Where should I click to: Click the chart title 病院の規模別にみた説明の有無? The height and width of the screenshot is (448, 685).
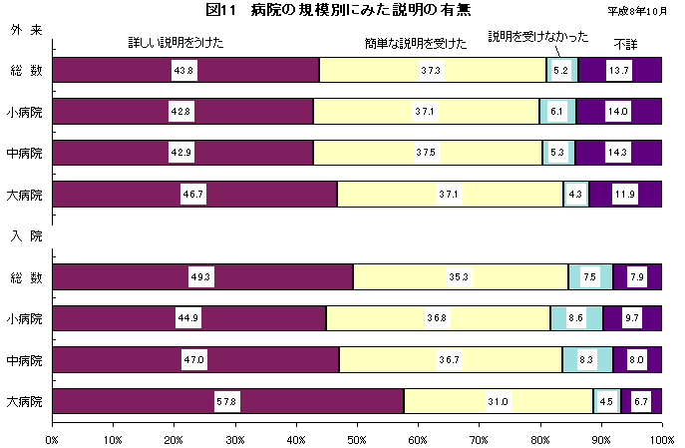coord(345,10)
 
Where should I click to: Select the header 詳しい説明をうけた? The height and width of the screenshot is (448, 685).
coord(175,43)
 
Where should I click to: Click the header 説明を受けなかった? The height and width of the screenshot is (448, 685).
coord(538,37)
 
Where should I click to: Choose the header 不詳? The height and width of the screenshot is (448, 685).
coord(625,43)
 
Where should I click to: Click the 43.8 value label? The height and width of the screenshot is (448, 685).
coord(183,70)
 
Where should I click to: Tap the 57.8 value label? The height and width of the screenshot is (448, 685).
coord(226,401)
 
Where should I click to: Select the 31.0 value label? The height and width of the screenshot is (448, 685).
coord(499,401)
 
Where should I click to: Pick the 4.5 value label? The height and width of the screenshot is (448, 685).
coord(606,401)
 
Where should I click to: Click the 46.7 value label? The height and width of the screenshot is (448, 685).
coord(193,195)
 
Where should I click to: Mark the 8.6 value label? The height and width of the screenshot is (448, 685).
coord(576,318)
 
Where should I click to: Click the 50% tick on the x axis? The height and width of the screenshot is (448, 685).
coord(357,437)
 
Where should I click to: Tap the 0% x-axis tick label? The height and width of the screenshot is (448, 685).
coord(52,437)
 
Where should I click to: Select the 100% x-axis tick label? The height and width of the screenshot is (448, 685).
coord(660,437)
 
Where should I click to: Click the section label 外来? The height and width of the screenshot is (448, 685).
coord(26,31)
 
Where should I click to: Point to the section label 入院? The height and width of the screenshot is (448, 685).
coord(26,236)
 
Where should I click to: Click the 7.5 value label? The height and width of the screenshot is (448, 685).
coord(590,277)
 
